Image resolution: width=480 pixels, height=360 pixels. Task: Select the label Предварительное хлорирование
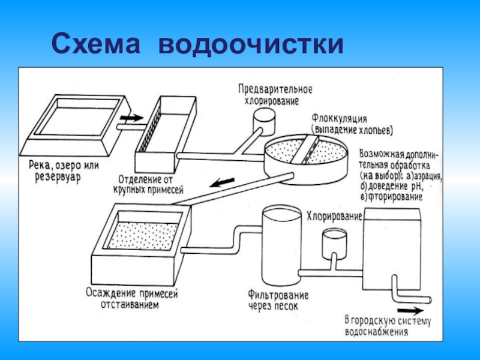275,94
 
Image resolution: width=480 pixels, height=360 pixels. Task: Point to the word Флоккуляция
339,118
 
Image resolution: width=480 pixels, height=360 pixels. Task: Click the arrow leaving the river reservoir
131,118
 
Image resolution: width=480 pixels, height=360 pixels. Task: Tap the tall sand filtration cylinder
278,246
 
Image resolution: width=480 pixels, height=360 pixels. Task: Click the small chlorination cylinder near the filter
332,243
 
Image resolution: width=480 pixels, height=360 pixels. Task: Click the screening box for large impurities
166,135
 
